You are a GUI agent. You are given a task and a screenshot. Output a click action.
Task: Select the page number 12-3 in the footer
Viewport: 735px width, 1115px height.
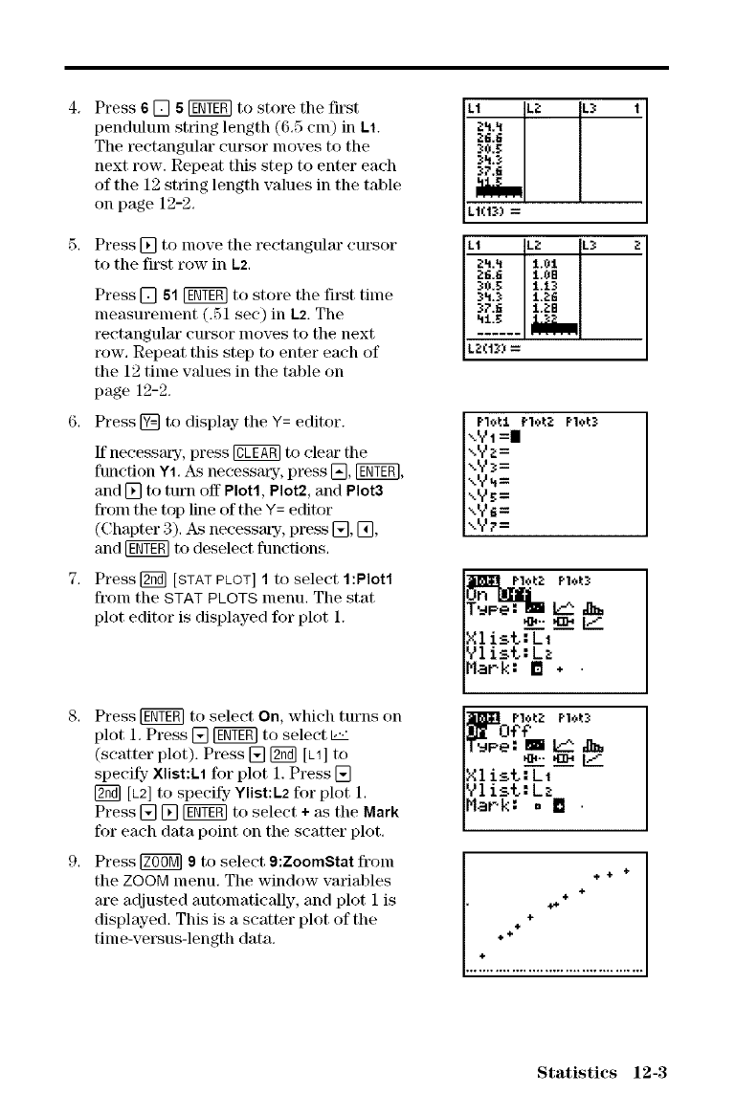click(645, 1071)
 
